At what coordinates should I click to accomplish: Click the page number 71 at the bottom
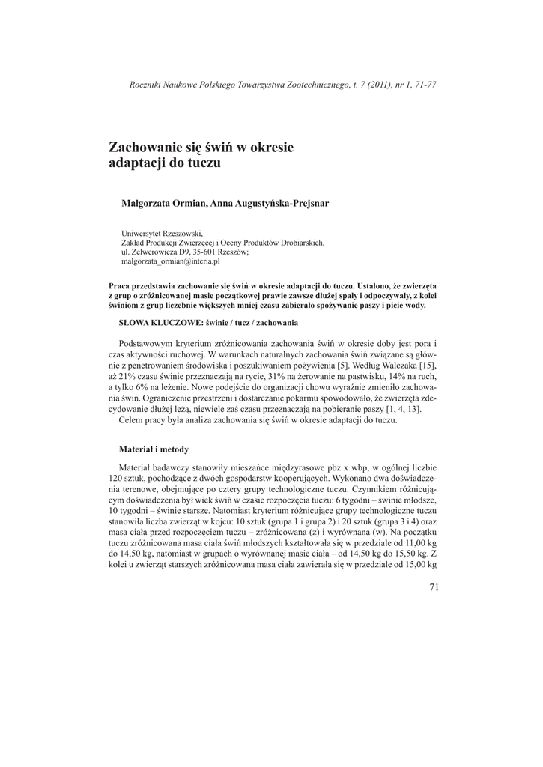[434, 586]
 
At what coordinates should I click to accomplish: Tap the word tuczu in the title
[204, 163]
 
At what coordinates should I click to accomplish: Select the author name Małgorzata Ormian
[165, 202]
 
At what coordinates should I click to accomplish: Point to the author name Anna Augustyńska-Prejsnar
[259, 202]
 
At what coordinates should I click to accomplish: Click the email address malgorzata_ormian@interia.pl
[170, 262]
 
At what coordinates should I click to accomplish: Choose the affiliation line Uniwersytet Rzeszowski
[162, 233]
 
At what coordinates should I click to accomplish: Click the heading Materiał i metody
[154, 449]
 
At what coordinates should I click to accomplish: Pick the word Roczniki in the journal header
[145, 85]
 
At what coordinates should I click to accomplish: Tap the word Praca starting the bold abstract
[121, 286]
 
